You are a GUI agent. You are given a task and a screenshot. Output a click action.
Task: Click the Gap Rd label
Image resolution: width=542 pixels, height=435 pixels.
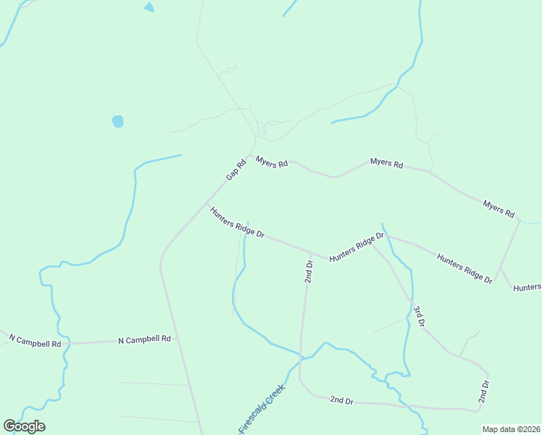(236, 170)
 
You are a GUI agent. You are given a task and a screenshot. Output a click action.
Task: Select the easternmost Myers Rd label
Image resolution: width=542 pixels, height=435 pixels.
(499, 210)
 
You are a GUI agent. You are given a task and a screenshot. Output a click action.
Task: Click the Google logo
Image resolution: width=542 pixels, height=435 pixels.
(24, 426)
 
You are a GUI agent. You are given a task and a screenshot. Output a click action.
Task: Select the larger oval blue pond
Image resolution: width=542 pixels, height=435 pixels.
(117, 121)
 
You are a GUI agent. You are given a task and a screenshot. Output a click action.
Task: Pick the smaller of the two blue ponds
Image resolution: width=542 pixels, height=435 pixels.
(149, 7)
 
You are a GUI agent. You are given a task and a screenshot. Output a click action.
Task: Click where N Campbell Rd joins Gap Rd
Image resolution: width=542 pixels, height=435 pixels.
(175, 339)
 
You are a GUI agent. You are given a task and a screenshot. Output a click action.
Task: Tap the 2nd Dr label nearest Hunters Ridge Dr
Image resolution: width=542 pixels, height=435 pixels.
(309, 271)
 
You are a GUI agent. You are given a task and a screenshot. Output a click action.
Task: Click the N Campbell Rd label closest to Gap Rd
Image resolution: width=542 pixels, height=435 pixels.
(144, 339)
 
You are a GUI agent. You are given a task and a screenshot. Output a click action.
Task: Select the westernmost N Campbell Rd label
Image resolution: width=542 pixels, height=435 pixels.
(34, 340)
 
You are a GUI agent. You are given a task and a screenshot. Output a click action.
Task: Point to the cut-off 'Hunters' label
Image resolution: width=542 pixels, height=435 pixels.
(527, 288)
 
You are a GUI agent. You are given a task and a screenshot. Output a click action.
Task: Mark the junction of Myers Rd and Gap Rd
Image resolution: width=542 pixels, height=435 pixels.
(251, 155)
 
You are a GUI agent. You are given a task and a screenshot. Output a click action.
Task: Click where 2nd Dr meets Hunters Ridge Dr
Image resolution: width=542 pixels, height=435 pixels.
(310, 253)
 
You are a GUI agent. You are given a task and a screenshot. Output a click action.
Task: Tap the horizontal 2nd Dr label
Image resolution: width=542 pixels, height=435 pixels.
(341, 399)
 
